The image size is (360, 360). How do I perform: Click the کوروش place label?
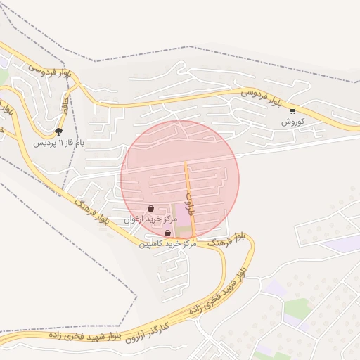tap(292, 122)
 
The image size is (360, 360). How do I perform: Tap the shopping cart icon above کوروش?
tap(292, 111)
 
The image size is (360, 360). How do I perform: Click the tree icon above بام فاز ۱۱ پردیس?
tap(58, 131)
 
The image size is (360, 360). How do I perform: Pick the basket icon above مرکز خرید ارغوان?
tap(151, 209)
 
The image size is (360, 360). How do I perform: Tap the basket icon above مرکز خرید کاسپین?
tap(167, 233)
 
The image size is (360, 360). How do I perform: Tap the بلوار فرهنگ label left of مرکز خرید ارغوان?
tap(93, 212)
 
